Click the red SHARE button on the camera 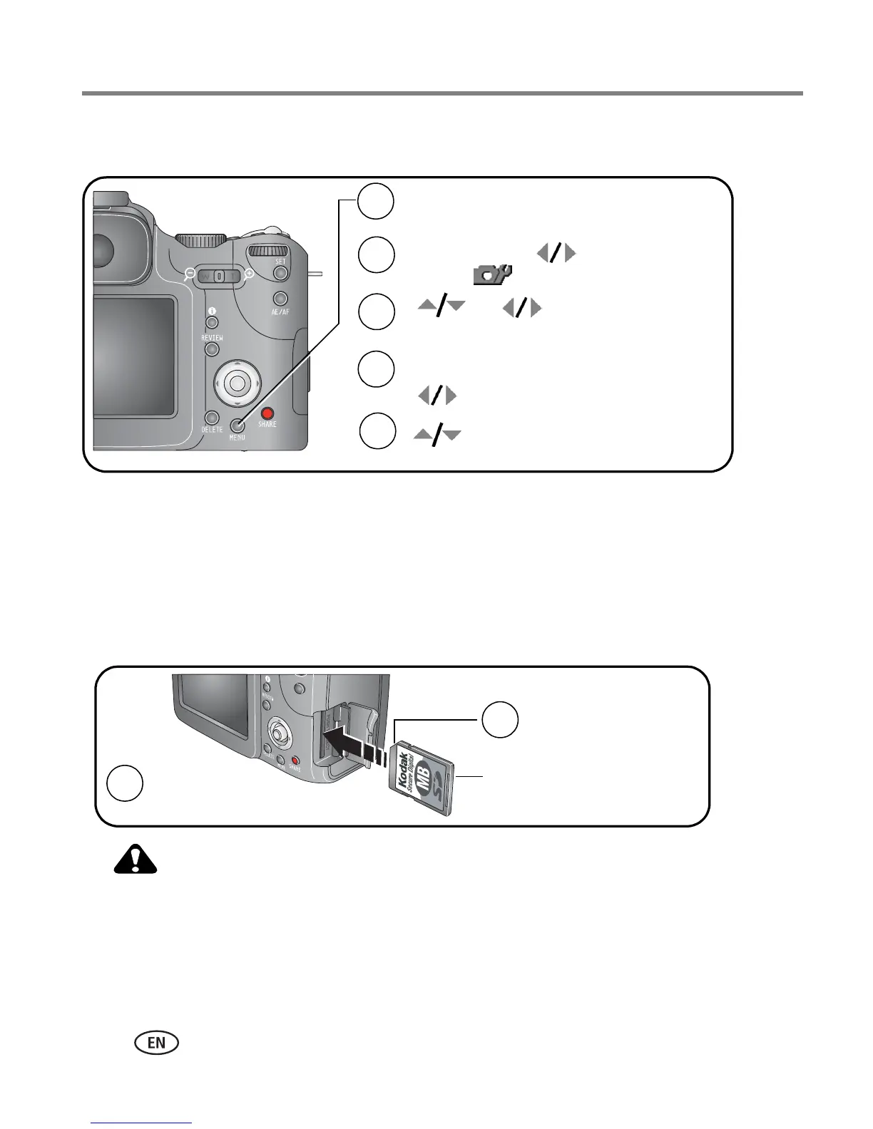tap(267, 413)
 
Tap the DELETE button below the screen tap(211, 418)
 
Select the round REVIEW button tap(212, 349)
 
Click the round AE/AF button tap(281, 299)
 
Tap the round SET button tap(281, 273)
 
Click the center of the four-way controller tap(237, 383)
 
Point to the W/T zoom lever tap(219, 275)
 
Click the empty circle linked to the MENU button tap(375, 202)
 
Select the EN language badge tap(155, 1042)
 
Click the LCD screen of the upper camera tap(134, 356)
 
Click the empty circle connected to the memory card tap(499, 720)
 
